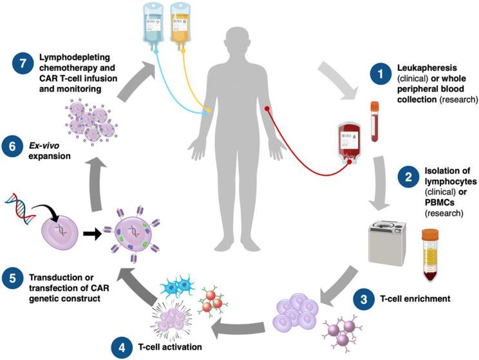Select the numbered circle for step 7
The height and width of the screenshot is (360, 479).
(23, 65)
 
